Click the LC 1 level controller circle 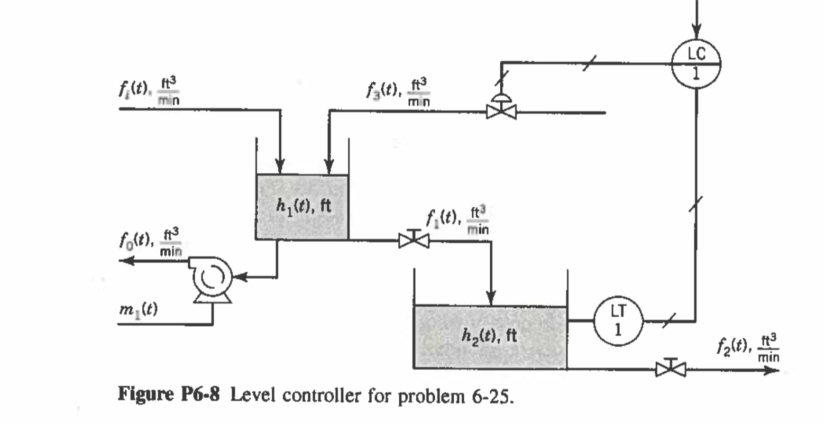696,63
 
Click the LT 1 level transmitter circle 618,320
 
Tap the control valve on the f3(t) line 501,111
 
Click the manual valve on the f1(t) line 414,241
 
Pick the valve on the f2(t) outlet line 671,368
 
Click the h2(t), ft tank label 489,335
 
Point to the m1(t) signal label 137,309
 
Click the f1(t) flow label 457,219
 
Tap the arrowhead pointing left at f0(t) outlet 126,261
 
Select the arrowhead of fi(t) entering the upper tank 280,166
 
